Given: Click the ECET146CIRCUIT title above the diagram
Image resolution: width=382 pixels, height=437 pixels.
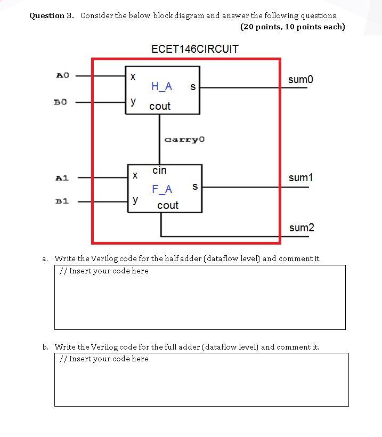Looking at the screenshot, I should coord(194,49).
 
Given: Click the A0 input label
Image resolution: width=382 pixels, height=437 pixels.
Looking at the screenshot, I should coord(62,75).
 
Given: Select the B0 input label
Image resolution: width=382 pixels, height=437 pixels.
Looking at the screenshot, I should coord(60,101).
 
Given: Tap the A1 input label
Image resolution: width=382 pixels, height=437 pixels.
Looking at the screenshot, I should coord(62,177).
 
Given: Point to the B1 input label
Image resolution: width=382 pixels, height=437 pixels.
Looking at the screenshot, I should coord(62,201).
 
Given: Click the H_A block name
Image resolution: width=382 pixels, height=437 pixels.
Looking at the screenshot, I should coord(161,86).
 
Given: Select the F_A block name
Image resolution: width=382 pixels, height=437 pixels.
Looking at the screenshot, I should coord(162,189).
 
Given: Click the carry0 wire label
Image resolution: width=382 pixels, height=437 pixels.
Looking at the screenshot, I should coord(184,140).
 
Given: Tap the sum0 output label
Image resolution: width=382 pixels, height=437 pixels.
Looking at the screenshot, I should coord(300,79).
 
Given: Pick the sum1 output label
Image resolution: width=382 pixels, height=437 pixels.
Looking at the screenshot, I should coord(300,177).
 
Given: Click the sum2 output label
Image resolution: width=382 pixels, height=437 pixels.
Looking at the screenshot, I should coord(302,228).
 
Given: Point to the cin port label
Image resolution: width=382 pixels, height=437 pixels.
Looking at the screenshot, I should coord(159,171).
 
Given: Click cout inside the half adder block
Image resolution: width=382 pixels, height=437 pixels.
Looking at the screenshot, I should coord(160,106).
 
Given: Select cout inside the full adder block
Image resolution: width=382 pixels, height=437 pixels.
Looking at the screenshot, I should coord(168,205).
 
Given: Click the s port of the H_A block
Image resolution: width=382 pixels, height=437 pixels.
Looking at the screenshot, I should coord(192,86).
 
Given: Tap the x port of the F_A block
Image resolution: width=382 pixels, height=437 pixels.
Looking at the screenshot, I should coord(135,175).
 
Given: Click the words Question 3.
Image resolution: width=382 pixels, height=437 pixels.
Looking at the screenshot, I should coord(51,15).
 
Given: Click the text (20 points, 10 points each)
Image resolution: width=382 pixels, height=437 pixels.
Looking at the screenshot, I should coord(292,27).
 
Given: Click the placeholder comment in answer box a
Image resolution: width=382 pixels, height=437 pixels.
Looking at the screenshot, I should coord(104,271).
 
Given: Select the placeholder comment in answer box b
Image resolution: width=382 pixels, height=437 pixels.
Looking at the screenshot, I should coord(104,359).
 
